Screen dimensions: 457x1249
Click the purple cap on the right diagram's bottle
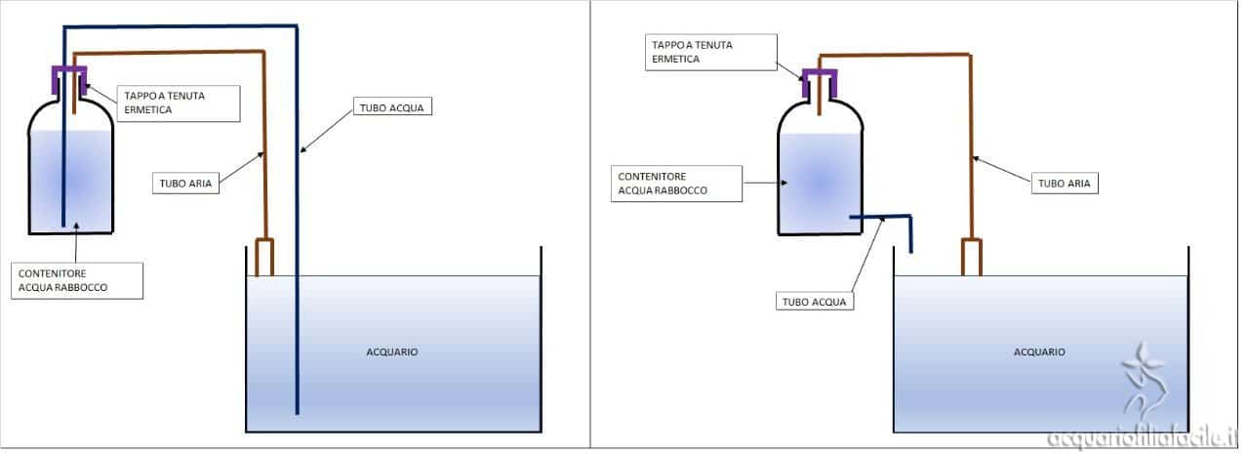pyautogui.click(x=819, y=77)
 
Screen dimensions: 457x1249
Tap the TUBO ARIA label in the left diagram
pyautogui.click(x=185, y=182)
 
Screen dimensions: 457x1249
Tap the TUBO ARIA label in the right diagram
pyautogui.click(x=1065, y=182)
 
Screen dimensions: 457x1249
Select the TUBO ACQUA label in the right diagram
pyautogui.click(x=816, y=301)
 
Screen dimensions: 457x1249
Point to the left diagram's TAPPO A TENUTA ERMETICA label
pyautogui.click(x=179, y=103)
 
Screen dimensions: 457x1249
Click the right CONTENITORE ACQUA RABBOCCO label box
pyautogui.click(x=676, y=183)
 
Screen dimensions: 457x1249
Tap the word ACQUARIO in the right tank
pyautogui.click(x=1039, y=352)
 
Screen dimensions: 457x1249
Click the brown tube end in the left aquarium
pyautogui.click(x=265, y=258)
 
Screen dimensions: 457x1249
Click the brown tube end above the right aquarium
pyautogui.click(x=971, y=257)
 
